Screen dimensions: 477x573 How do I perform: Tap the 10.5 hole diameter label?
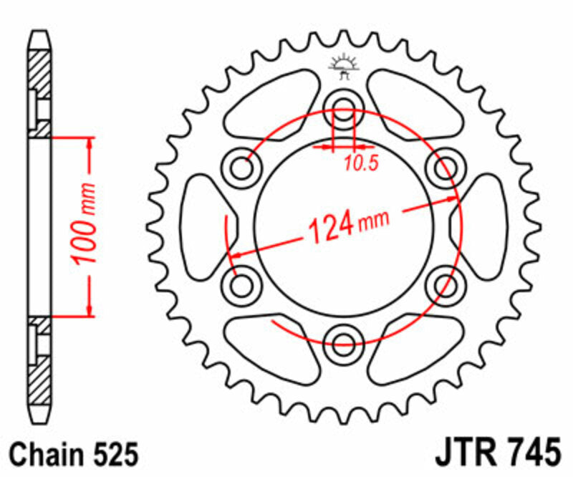pos(360,163)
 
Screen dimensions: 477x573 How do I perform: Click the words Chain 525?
pos(73,453)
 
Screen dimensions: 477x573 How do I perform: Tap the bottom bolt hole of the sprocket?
pos(343,340)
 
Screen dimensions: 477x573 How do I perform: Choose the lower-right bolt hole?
pos(443,284)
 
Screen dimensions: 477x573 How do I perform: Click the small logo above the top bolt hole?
pos(342,66)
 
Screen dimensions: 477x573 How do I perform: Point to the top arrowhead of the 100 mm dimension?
pos(90,143)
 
